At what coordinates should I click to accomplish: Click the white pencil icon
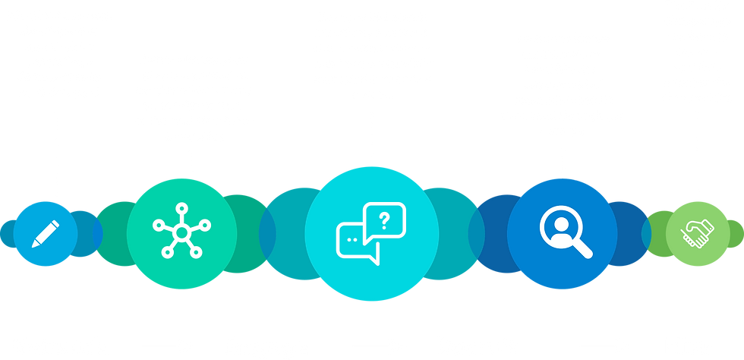tap(46, 233)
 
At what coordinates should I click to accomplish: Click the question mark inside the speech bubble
tap(384, 221)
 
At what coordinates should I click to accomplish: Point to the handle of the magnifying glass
tap(582, 245)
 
